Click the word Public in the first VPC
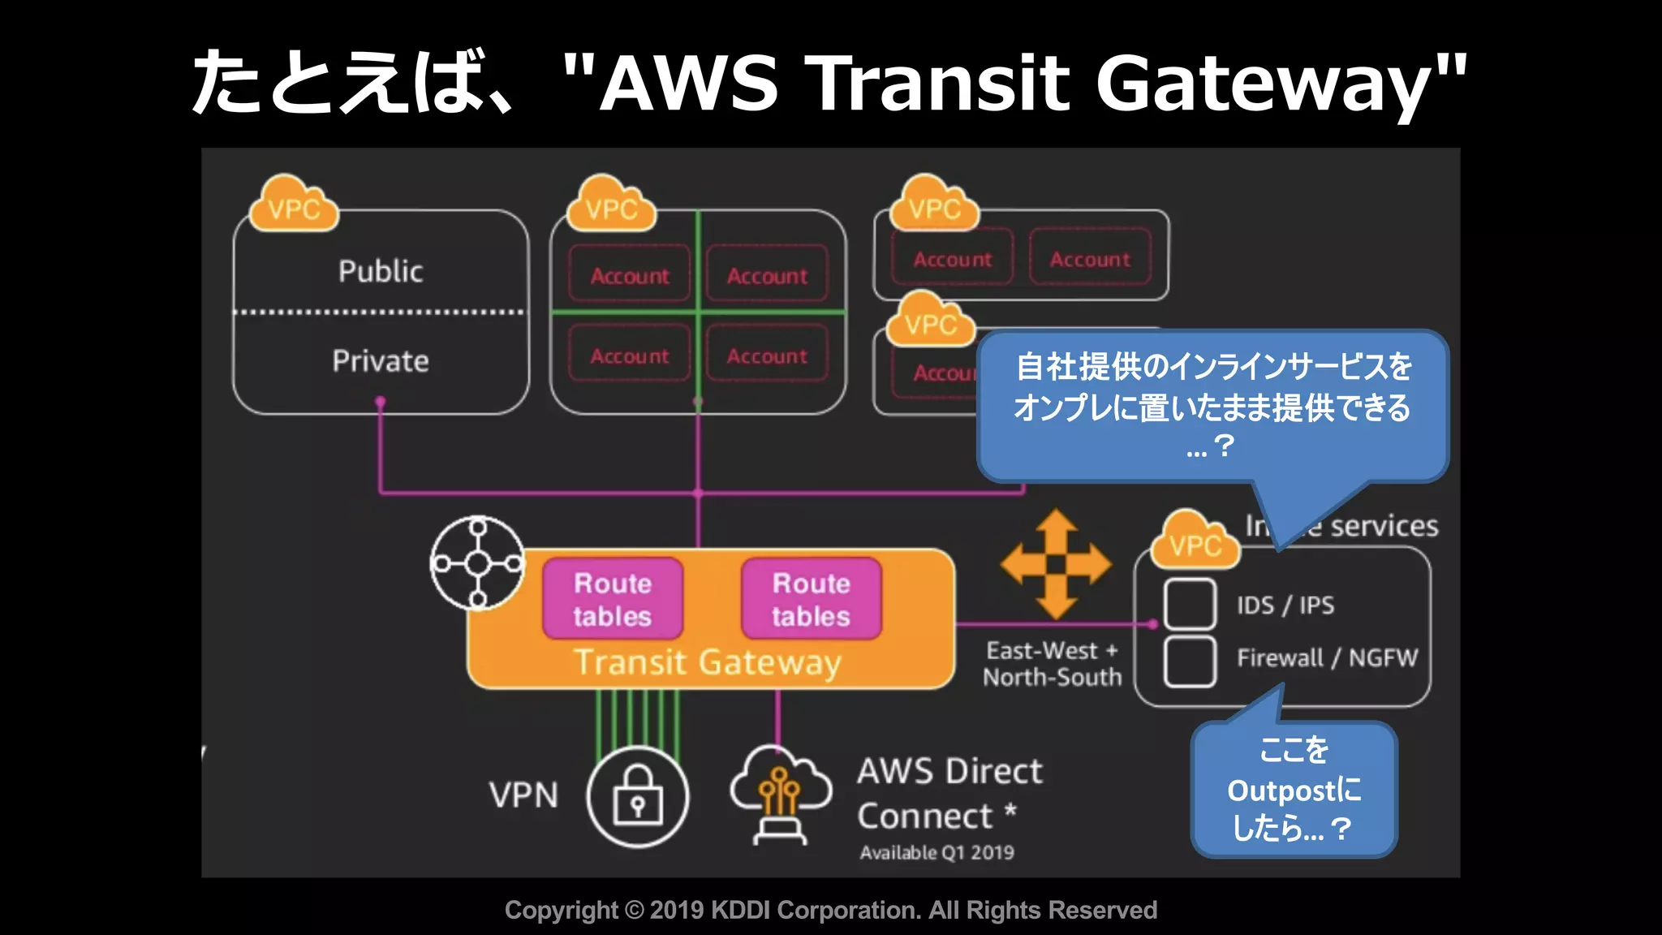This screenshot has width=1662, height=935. tap(381, 271)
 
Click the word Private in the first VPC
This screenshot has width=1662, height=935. tap(381, 361)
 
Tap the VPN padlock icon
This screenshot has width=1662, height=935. tap(638, 797)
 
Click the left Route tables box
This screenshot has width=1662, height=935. tap(613, 599)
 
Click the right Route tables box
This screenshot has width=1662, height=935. tap(811, 599)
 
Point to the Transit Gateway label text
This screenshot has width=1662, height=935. tap(707, 662)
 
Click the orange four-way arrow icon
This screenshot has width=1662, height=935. tap(1055, 563)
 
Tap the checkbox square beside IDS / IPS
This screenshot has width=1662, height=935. tap(1190, 605)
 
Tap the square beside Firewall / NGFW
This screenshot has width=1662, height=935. tap(1190, 661)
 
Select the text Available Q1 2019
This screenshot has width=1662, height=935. tap(936, 853)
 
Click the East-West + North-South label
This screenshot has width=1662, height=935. tap(1052, 664)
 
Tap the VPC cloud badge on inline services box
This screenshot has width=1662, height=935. tap(1195, 542)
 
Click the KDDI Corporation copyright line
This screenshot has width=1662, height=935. tap(831, 910)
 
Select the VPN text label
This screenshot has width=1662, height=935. tap(523, 795)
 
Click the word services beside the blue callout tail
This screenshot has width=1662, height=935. tap(1384, 526)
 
